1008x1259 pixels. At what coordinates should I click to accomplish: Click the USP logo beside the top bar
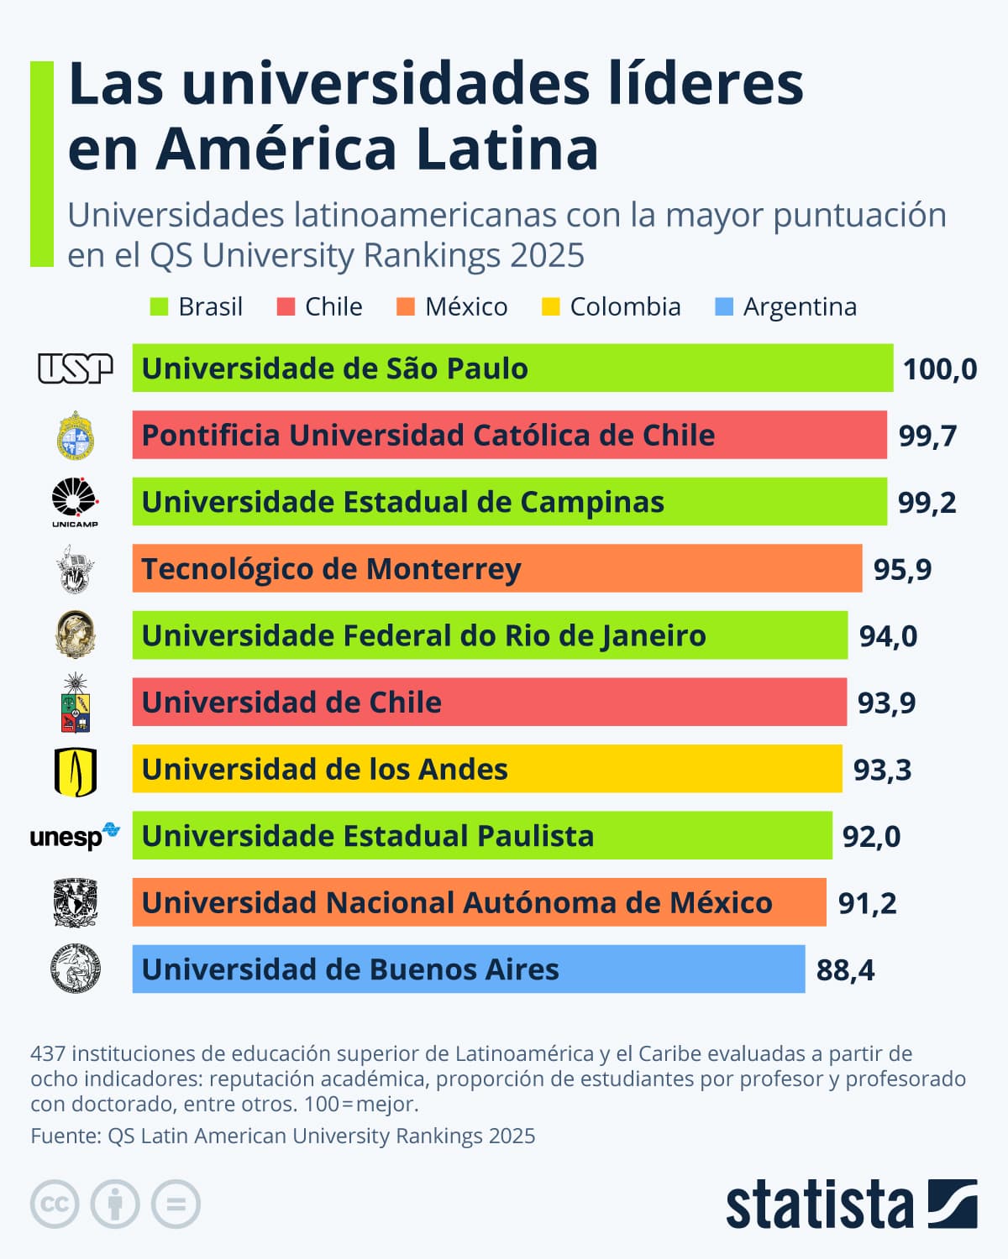[x=75, y=368]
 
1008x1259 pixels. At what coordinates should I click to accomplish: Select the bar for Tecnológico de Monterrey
[x=496, y=568]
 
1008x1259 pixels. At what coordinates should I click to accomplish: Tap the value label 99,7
[x=927, y=436]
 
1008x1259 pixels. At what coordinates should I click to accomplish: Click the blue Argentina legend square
[x=723, y=307]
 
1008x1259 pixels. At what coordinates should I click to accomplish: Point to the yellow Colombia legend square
[x=550, y=307]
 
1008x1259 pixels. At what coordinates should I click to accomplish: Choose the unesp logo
[x=75, y=836]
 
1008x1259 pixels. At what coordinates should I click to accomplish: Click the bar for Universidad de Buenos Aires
[x=468, y=969]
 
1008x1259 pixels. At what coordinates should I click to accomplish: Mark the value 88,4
[x=845, y=970]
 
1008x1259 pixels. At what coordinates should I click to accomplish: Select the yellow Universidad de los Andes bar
[x=486, y=769]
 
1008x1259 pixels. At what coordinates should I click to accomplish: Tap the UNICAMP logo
[x=75, y=502]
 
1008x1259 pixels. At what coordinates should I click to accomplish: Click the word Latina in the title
[x=507, y=149]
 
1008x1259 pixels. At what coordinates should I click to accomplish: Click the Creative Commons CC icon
[x=55, y=1204]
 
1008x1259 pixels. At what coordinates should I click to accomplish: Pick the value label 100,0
[x=939, y=369]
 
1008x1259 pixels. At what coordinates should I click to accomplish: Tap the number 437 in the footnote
[x=49, y=1053]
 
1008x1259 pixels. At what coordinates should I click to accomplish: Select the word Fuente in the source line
[x=65, y=1136]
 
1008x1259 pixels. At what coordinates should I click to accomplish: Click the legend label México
[x=466, y=307]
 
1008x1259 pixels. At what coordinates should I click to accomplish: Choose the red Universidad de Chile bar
[x=489, y=702]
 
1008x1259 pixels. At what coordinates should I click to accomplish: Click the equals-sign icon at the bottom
[x=176, y=1204]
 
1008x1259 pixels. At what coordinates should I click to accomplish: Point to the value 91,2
[x=867, y=903]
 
